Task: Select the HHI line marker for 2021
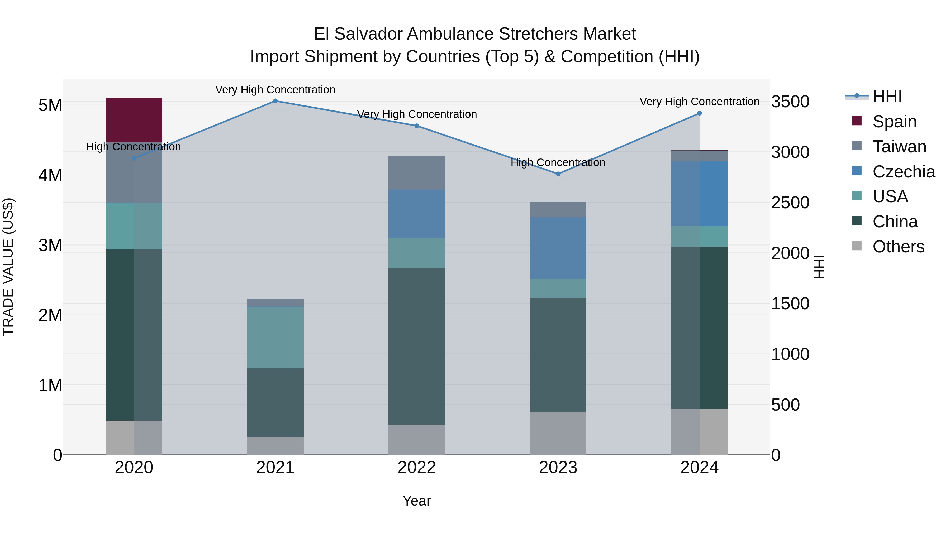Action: pyautogui.click(x=275, y=101)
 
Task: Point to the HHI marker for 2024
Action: pyautogui.click(x=699, y=113)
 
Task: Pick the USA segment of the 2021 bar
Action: pyautogui.click(x=275, y=337)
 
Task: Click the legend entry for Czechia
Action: pyautogui.click(x=903, y=172)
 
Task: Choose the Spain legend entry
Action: pyautogui.click(x=894, y=122)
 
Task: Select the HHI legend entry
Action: pyautogui.click(x=887, y=97)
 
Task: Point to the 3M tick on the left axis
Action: pyautogui.click(x=50, y=245)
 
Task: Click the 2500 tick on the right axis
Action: pyautogui.click(x=790, y=203)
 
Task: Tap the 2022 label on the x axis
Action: pyautogui.click(x=417, y=468)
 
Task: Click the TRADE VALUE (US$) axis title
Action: pyautogui.click(x=8, y=267)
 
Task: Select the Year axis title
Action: pyautogui.click(x=417, y=501)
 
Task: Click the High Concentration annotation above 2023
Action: pyautogui.click(x=558, y=162)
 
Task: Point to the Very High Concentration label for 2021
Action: pyautogui.click(x=275, y=90)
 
